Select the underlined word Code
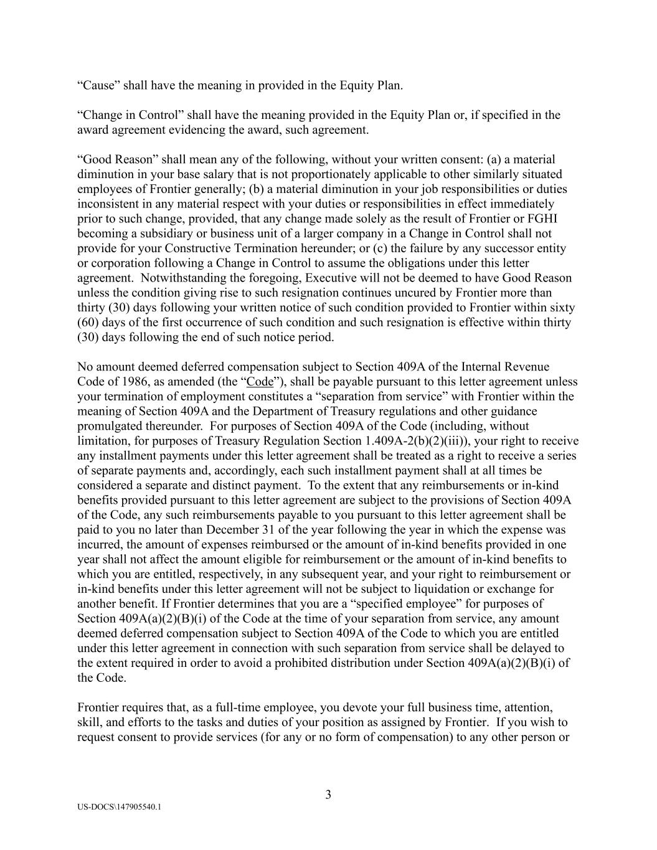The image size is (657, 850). (x=260, y=382)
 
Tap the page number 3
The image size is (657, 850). (x=328, y=795)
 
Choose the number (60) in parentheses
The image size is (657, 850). (x=88, y=323)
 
